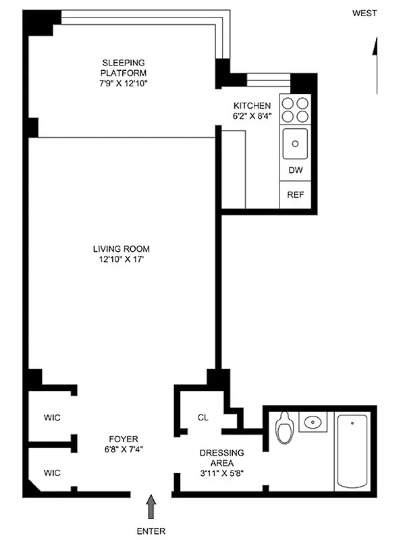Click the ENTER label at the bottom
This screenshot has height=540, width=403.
[151, 531]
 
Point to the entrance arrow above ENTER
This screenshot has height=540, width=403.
[151, 506]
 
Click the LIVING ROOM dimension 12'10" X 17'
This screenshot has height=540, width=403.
[122, 260]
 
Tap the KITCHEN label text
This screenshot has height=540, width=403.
[252, 106]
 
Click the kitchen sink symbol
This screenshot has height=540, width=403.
[295, 143]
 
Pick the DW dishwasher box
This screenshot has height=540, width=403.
[295, 171]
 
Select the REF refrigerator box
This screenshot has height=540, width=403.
[295, 195]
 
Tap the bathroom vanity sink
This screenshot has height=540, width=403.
[313, 423]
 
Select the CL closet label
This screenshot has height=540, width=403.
[203, 418]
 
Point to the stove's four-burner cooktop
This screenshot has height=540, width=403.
[295, 109]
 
